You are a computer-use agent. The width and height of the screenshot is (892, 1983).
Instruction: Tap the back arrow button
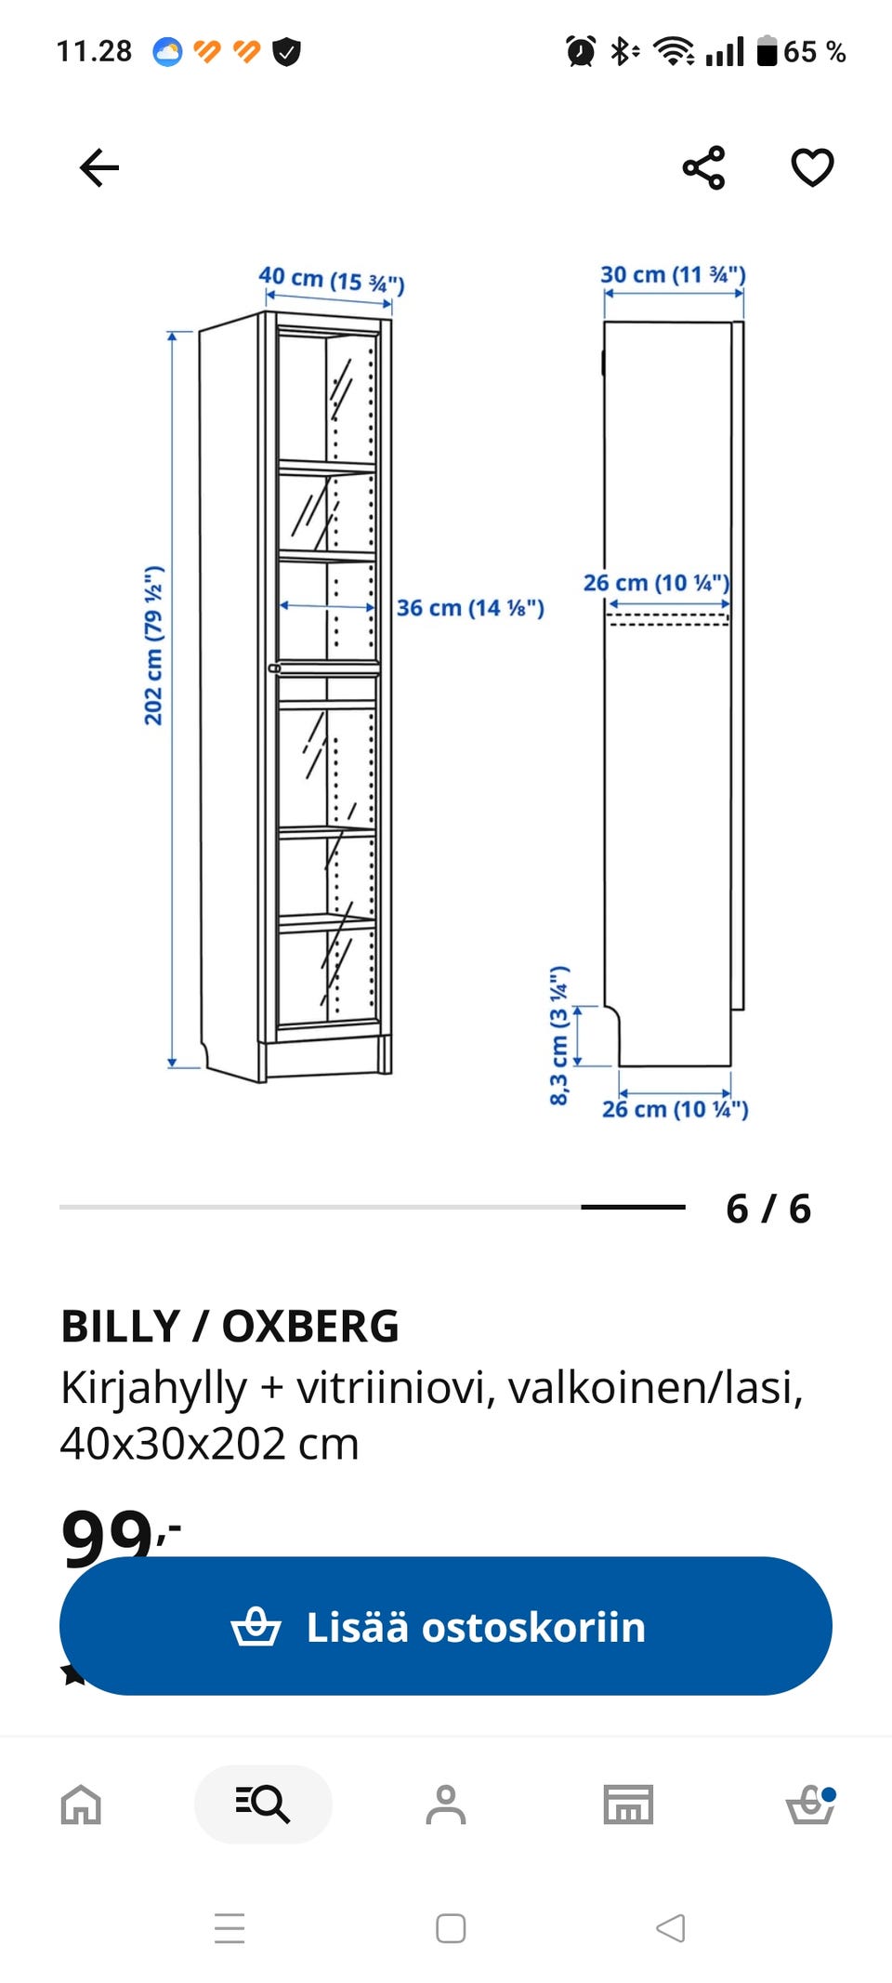click(x=99, y=168)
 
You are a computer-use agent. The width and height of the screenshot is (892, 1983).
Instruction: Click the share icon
click(x=703, y=168)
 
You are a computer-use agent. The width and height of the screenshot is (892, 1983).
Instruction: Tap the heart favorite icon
click(x=812, y=167)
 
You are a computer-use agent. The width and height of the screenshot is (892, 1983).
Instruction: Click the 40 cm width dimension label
click(x=332, y=279)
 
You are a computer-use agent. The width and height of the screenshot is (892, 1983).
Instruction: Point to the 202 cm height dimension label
click(x=153, y=645)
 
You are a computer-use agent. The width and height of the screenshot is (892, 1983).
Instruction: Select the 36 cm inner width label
click(x=470, y=608)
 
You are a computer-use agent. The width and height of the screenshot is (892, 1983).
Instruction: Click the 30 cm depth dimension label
click(x=673, y=274)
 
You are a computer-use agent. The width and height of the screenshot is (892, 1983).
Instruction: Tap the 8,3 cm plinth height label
click(x=558, y=1036)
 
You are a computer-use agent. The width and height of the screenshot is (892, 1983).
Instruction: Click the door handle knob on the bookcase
click(x=274, y=668)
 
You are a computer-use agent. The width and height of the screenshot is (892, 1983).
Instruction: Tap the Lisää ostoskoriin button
click(x=446, y=1626)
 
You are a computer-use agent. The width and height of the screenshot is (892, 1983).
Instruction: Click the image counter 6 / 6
click(x=768, y=1209)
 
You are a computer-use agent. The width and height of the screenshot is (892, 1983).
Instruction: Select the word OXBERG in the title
click(x=310, y=1326)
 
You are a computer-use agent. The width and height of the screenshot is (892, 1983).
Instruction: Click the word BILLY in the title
click(x=121, y=1326)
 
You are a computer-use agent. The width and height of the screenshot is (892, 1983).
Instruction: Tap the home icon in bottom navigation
click(x=81, y=1805)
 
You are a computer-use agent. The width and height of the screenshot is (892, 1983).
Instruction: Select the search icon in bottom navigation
click(x=263, y=1805)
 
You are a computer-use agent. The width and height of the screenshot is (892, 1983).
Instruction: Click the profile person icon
click(x=446, y=1805)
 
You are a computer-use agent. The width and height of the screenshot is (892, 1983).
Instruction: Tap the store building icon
click(x=628, y=1805)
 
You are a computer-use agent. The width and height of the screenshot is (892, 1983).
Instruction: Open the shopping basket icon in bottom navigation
click(x=810, y=1805)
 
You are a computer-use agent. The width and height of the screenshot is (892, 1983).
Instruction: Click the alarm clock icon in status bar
click(x=581, y=51)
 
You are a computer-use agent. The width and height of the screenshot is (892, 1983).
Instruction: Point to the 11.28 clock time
click(x=94, y=51)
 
